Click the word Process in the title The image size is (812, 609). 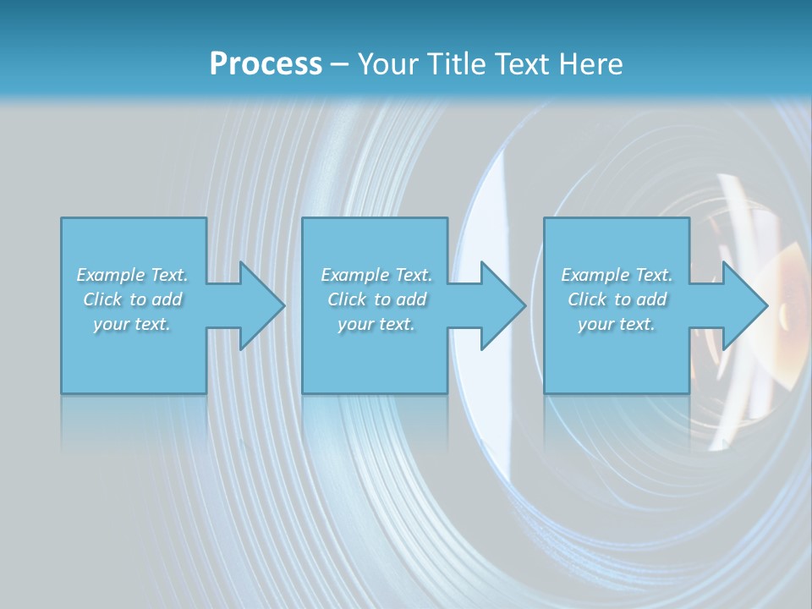[266, 64]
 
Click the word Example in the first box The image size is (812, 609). [111, 275]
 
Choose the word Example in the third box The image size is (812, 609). [595, 275]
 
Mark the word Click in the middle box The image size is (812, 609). [347, 299]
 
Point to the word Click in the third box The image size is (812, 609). [587, 299]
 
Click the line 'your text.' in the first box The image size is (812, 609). [132, 324]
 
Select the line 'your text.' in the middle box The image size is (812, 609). [376, 324]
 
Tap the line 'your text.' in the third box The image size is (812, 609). [617, 324]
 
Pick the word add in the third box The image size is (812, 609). [652, 299]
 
